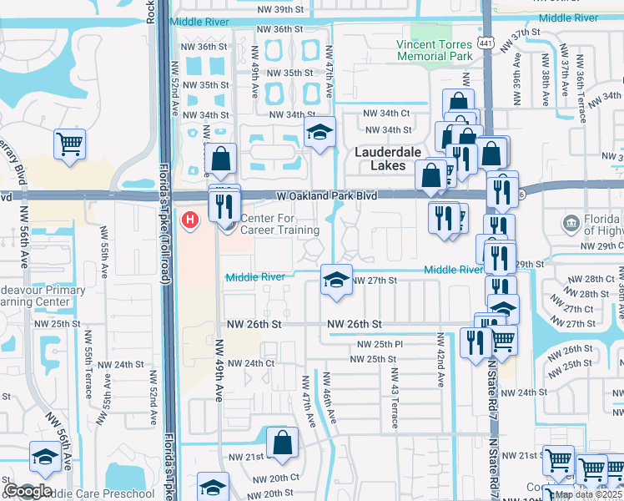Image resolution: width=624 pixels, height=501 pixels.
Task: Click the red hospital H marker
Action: [189, 220]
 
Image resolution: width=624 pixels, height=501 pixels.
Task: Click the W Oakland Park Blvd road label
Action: [327, 195]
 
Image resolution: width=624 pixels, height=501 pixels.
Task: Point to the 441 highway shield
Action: [485, 43]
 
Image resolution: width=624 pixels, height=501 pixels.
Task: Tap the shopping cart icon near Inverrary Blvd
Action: [70, 143]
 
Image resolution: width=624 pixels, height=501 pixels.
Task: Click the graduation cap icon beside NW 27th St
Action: [336, 279]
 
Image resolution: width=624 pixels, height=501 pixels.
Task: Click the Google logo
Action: [28, 491]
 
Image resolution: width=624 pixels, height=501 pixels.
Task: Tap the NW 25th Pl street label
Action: [380, 344]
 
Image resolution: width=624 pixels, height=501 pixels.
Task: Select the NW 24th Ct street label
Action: [250, 363]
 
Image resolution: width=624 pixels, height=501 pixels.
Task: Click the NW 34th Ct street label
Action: [387, 114]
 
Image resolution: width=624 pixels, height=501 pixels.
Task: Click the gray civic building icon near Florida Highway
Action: [571, 223]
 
